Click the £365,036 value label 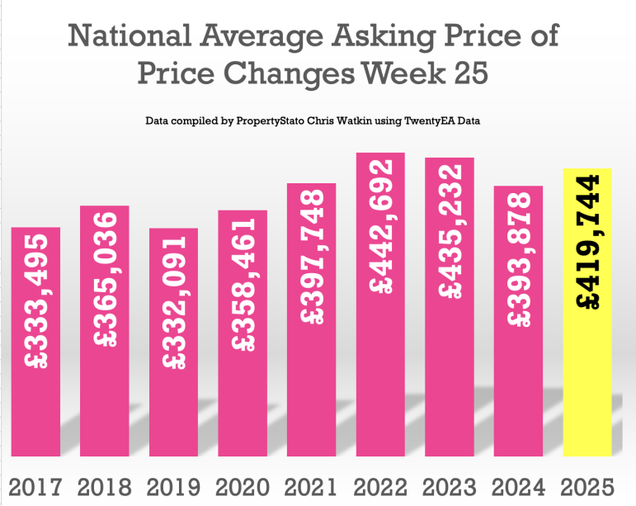pyautogui.click(x=105, y=281)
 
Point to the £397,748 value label pyautogui.click(x=311, y=257)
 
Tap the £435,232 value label pyautogui.click(x=450, y=232)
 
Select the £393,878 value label pyautogui.click(x=518, y=259)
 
